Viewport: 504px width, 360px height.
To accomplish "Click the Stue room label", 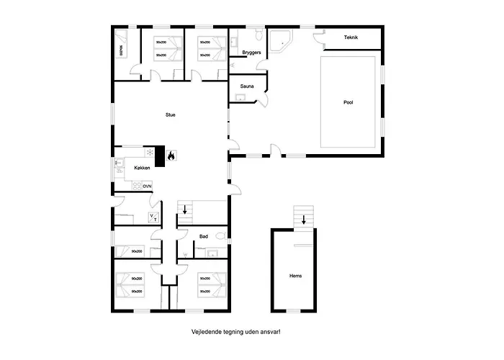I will pyautogui.click(x=171, y=114).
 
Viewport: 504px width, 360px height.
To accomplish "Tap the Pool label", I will pyautogui.click(x=348, y=102).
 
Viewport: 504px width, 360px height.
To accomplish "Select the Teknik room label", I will pyautogui.click(x=351, y=37).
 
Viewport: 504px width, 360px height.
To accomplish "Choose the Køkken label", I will pyautogui.click(x=143, y=167).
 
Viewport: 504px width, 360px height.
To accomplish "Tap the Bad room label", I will pyautogui.click(x=204, y=235).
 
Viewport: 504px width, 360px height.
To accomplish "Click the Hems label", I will pyautogui.click(x=295, y=275).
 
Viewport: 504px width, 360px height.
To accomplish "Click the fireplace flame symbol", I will pyautogui.click(x=171, y=155).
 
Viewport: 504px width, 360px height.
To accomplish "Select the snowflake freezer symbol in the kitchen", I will pyautogui.click(x=150, y=153).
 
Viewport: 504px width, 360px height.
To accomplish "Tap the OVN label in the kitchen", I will pyautogui.click(x=146, y=186).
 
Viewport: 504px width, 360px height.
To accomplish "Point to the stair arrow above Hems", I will pyautogui.click(x=304, y=220).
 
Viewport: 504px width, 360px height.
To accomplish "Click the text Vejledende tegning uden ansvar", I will pyautogui.click(x=235, y=332).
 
